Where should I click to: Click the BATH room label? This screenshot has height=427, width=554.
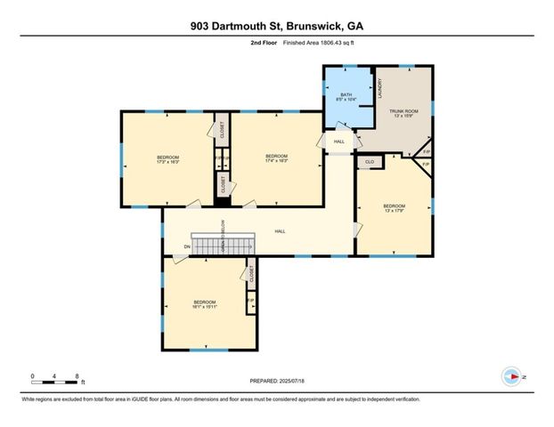coord(346,95)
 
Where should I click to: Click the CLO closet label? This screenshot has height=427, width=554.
coord(369,161)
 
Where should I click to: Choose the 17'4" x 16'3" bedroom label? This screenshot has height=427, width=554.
coord(276,158)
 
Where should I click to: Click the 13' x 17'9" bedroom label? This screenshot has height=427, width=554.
coord(394,208)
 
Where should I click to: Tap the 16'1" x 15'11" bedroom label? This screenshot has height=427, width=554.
coord(205,304)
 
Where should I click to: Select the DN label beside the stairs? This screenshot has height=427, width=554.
coord(187,246)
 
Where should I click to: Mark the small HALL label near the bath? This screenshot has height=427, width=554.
coord(339,141)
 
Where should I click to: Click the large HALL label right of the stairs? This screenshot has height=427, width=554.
coord(280,231)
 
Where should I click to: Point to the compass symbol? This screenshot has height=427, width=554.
coord(511,377)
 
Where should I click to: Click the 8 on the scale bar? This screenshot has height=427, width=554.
coord(78,376)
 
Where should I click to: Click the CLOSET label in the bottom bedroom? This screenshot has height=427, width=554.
coord(252,274)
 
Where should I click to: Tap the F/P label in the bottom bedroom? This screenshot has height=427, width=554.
coord(250,301)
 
